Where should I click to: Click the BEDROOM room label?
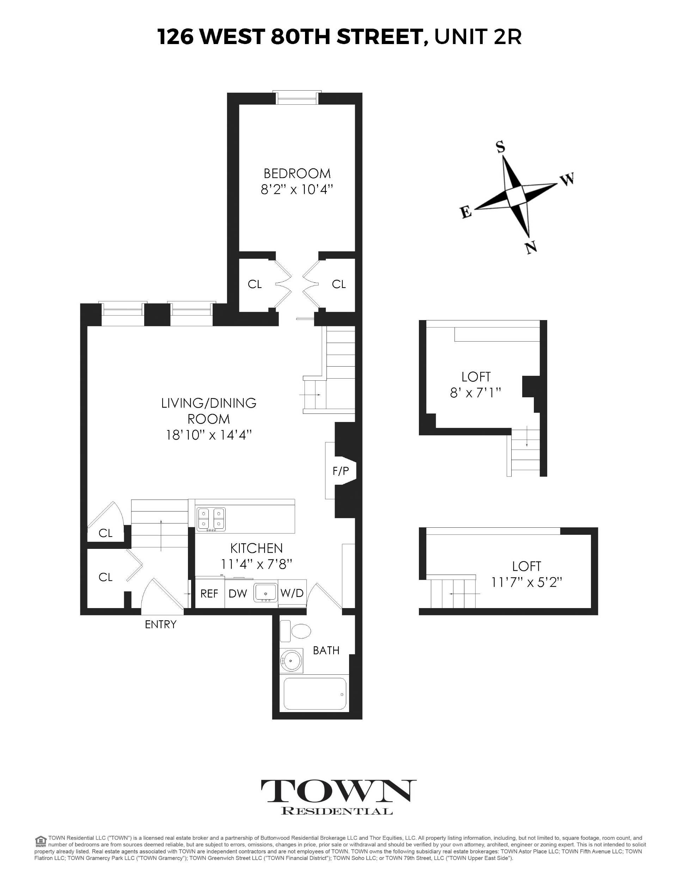tap(297, 174)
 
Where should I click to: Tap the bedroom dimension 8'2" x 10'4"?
tap(297, 189)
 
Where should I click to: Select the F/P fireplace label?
tap(341, 471)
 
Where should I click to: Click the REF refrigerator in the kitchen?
tap(209, 594)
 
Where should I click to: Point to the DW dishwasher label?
tap(238, 594)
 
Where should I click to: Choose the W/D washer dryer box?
tap(292, 593)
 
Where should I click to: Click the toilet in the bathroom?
tap(296, 631)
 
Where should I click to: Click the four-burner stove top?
tap(211, 519)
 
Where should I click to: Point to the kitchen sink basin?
tap(265, 593)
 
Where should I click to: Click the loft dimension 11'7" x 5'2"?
tap(526, 582)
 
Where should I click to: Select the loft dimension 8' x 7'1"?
tap(476, 392)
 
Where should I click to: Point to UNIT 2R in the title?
tap(478, 37)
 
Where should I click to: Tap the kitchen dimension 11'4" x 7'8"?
tap(256, 564)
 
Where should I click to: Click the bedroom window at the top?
tap(297, 98)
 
